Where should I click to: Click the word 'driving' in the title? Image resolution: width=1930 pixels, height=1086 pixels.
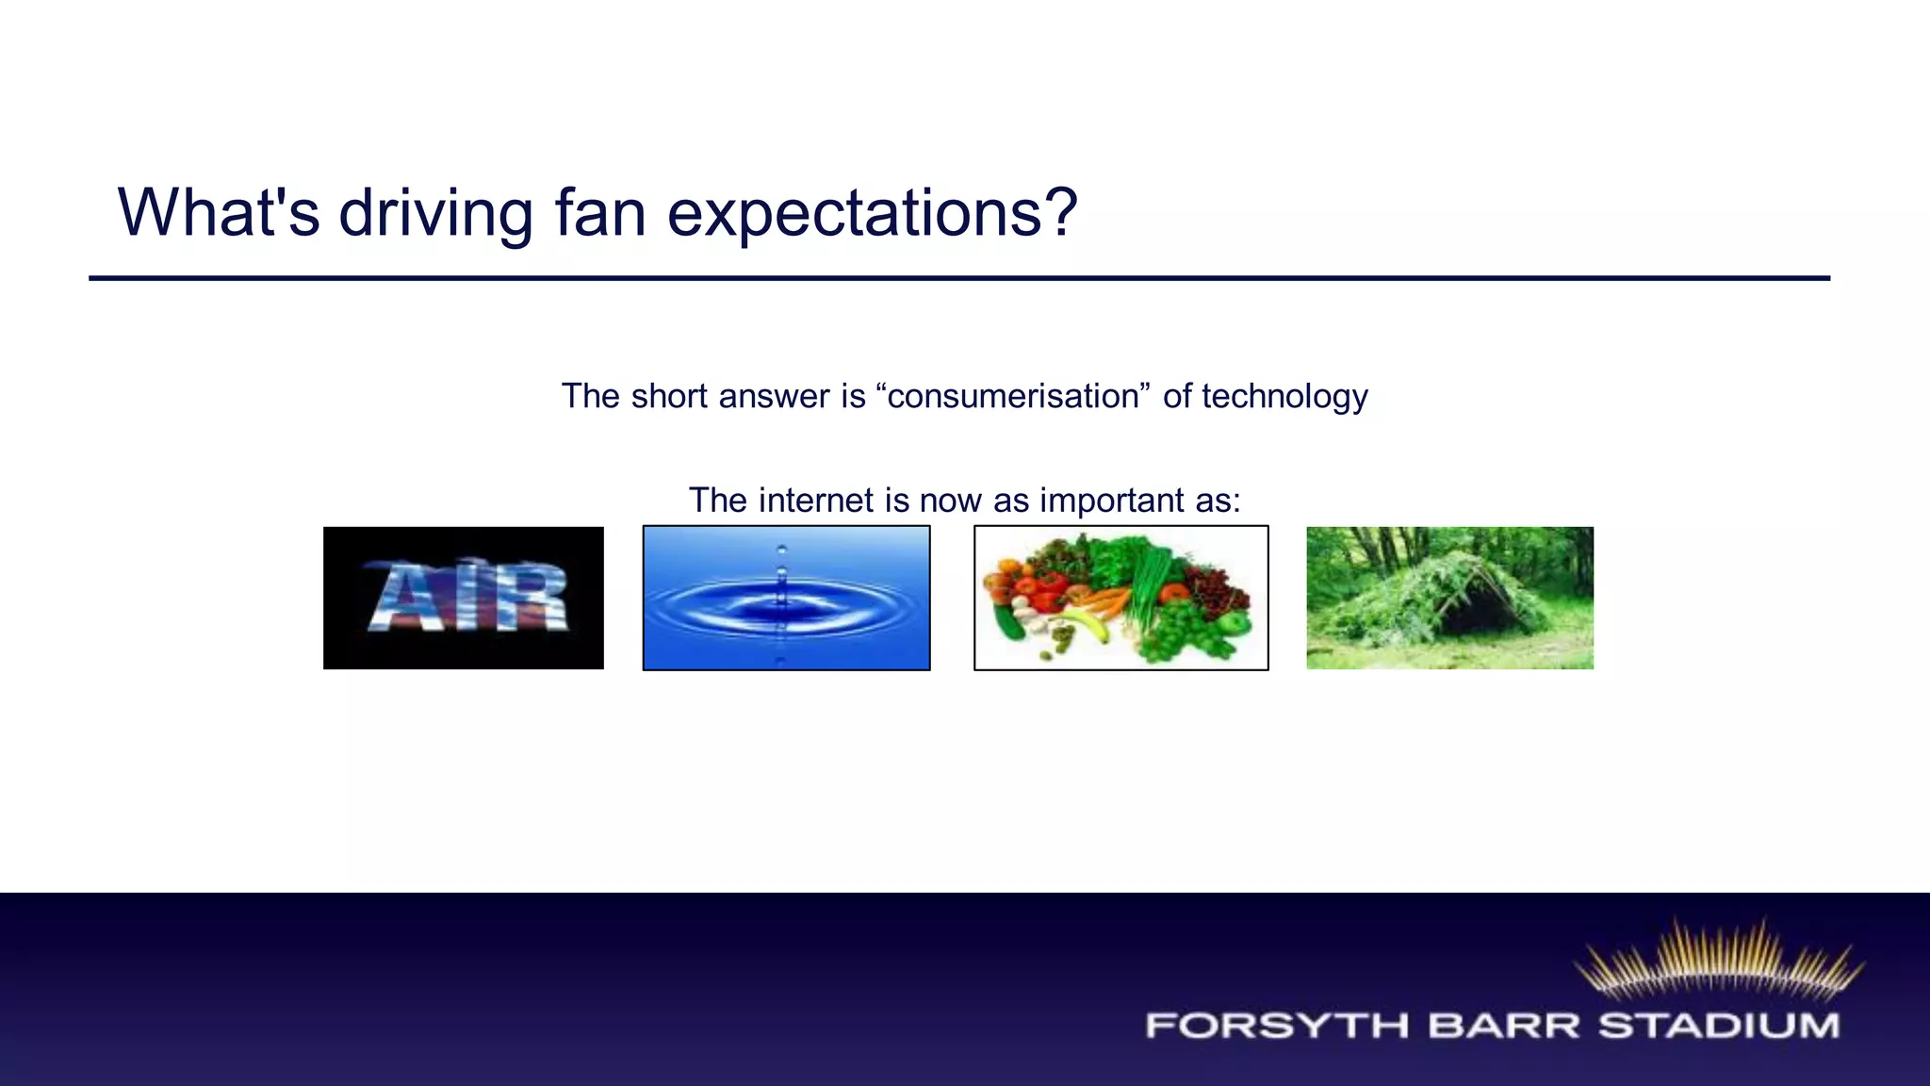pos(436,213)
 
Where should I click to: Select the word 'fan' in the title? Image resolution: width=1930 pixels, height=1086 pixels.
pos(600,213)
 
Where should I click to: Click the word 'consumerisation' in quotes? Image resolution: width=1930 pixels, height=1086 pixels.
pos(1013,396)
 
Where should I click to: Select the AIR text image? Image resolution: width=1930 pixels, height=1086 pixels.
pos(463,598)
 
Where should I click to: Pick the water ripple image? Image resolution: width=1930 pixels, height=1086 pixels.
pos(786,598)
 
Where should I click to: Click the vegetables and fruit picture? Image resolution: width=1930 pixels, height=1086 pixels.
pos(1120,598)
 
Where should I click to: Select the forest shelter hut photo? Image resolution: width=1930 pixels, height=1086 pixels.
pos(1449,598)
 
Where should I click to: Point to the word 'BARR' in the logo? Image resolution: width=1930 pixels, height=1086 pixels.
pos(1503,1026)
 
